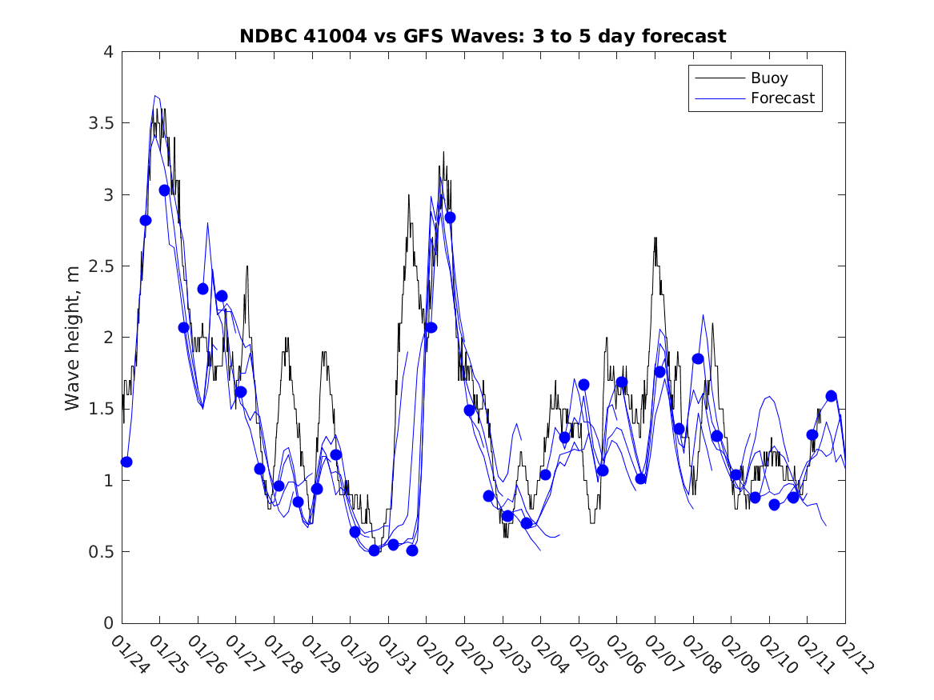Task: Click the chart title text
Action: [x=483, y=36]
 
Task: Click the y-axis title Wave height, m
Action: [x=73, y=338]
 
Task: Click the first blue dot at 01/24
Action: [x=126, y=462]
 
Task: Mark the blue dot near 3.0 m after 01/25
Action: [x=164, y=190]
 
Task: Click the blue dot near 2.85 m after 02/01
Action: [x=451, y=218]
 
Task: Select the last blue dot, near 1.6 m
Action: [x=832, y=396]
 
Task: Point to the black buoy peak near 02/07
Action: [x=655, y=238]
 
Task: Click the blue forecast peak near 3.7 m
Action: [x=155, y=95]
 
